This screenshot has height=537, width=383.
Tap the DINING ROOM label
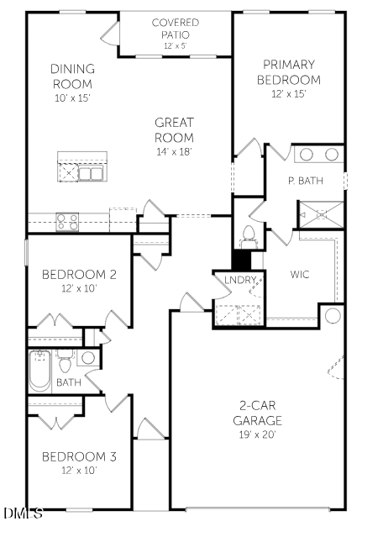(x=72, y=76)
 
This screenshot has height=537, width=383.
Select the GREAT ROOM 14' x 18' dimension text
(x=174, y=151)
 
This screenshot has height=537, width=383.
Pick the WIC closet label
(x=301, y=274)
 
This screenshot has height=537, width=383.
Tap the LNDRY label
(x=238, y=280)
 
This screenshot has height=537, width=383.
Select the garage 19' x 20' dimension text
(x=258, y=434)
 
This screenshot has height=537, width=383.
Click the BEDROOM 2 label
(x=78, y=274)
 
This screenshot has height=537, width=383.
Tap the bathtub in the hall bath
(x=39, y=371)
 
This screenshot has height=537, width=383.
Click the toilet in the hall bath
(x=65, y=364)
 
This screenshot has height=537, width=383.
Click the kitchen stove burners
(x=67, y=222)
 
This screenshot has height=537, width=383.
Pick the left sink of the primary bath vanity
(x=307, y=155)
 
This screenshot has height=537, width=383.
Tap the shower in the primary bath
(x=320, y=214)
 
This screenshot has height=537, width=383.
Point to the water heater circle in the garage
(x=332, y=316)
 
